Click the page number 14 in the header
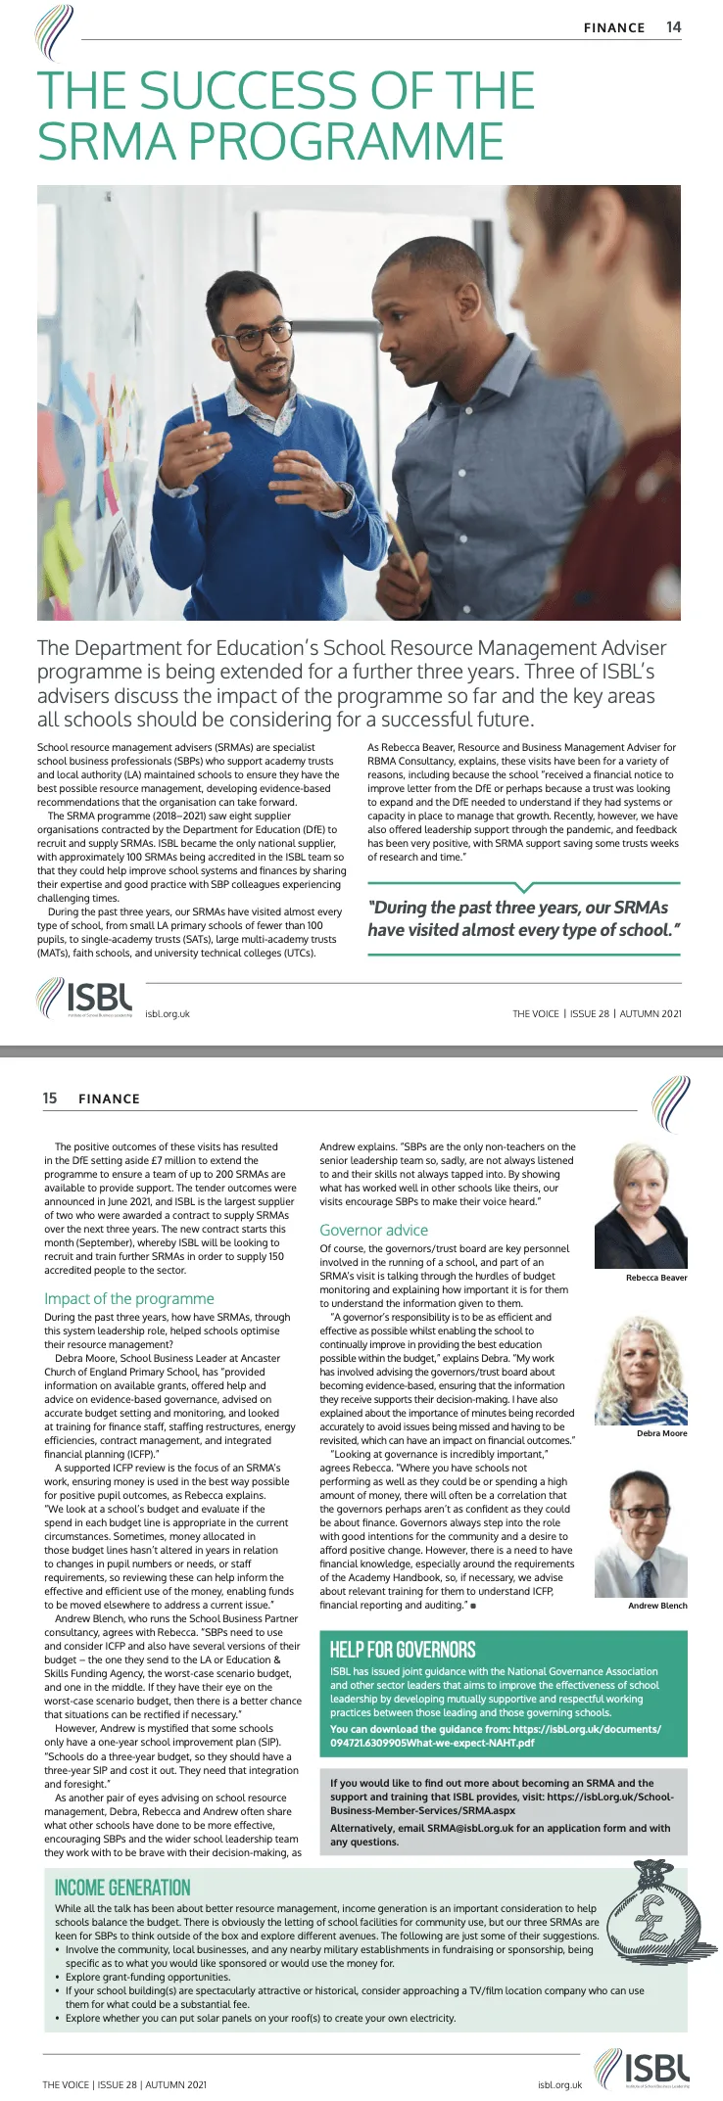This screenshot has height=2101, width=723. pyautogui.click(x=673, y=27)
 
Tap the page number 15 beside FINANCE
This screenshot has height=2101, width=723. pyautogui.click(x=50, y=1097)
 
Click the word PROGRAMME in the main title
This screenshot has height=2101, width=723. pyautogui.click(x=345, y=142)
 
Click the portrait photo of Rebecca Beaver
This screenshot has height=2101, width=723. pyautogui.click(x=641, y=1206)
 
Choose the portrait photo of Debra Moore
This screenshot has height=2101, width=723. pyautogui.click(x=641, y=1370)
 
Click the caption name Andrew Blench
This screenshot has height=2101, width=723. pyautogui.click(x=657, y=1606)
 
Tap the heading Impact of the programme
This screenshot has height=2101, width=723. pyautogui.click(x=128, y=1298)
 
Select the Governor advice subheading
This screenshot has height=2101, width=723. pyautogui.click(x=373, y=1230)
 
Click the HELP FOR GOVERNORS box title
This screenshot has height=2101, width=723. pyautogui.click(x=403, y=1650)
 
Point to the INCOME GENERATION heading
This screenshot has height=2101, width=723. pyautogui.click(x=122, y=1888)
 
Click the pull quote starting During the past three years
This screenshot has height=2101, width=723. pyautogui.click(x=523, y=918)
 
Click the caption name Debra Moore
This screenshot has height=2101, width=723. pyautogui.click(x=661, y=1433)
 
